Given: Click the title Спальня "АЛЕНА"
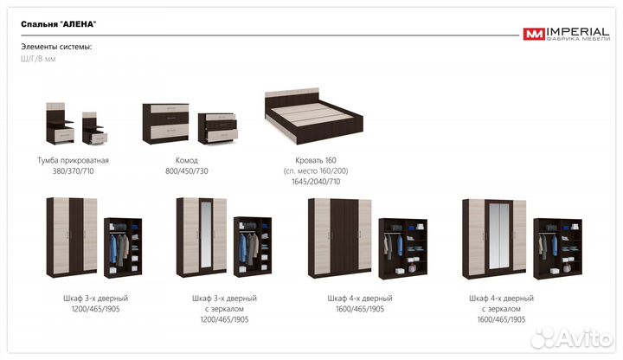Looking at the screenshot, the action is (59, 24).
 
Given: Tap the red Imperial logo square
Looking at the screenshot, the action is (534, 34).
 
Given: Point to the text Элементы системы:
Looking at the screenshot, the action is (56, 47).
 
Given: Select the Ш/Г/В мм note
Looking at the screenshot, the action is (38, 59).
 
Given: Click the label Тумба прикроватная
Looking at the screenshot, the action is (73, 160).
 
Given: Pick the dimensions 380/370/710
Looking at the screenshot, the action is (73, 170).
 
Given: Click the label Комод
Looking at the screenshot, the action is (187, 160).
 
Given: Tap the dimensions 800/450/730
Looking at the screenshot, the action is (187, 170).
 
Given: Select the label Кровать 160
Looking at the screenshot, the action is (316, 160).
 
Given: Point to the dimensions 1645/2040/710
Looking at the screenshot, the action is (316, 182).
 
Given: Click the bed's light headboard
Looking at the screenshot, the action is (292, 93).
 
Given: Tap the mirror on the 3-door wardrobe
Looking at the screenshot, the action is (206, 236).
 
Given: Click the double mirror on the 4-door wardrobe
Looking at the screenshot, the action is (499, 236).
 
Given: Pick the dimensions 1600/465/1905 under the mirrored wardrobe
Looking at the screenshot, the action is (501, 319).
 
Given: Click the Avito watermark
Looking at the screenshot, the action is (571, 338).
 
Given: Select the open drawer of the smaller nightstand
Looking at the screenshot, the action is (98, 138).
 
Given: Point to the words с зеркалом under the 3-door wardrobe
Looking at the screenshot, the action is (224, 309).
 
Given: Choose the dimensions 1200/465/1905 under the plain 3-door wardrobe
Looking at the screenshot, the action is (96, 309).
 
